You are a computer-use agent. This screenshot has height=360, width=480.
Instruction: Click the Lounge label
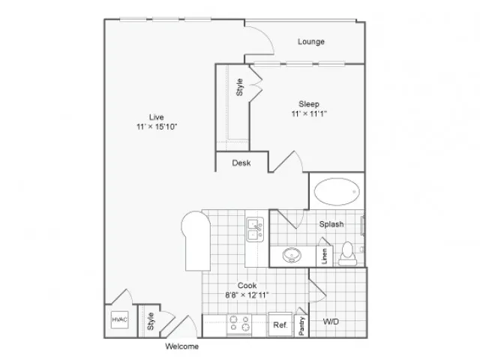(x=311, y=41)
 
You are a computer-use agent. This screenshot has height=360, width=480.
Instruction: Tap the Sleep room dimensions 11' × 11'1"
(x=309, y=114)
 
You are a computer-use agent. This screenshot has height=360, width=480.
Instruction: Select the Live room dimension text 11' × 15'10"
(x=157, y=127)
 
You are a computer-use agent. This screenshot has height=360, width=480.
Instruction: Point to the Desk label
(x=241, y=163)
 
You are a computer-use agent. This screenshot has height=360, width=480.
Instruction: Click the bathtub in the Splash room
(x=337, y=192)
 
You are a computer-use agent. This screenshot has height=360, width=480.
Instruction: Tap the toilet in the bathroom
(x=347, y=253)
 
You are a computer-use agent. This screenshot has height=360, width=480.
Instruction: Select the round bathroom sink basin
(x=292, y=255)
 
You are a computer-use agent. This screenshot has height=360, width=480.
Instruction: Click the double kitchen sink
(x=255, y=229)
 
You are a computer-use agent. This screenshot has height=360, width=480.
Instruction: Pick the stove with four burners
(x=239, y=324)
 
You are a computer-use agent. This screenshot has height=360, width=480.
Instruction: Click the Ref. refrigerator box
(x=280, y=325)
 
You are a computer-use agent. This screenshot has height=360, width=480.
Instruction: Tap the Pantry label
(x=301, y=326)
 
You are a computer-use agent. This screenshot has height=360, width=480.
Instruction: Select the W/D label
(x=331, y=322)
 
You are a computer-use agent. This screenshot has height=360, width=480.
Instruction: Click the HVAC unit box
(x=119, y=320)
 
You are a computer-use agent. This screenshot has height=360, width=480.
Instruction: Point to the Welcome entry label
(x=181, y=346)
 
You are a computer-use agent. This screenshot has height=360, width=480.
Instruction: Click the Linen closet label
(x=325, y=256)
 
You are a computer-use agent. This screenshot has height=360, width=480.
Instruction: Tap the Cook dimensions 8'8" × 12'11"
(x=247, y=295)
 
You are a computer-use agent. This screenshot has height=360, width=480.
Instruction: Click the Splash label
(x=331, y=224)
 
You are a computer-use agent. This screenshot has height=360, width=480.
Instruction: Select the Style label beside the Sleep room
(x=239, y=87)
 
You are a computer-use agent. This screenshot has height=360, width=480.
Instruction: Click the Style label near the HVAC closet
(x=150, y=321)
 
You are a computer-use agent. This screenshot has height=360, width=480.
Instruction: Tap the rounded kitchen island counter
(x=196, y=241)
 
